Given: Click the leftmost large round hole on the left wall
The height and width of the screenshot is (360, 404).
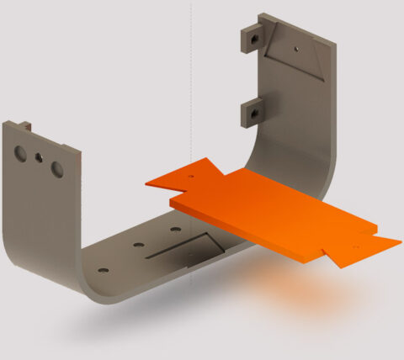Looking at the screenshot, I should tap(20, 153).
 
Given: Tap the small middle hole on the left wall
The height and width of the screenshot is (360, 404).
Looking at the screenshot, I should tap(38, 157).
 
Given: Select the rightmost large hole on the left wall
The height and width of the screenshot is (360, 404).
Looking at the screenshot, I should tap(56, 168).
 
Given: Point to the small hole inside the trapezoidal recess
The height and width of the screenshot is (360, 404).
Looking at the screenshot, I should tap(296, 50).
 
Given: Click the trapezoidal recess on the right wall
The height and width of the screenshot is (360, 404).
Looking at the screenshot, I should tap(294, 55).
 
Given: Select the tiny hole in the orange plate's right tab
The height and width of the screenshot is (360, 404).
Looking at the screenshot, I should tap(354, 246).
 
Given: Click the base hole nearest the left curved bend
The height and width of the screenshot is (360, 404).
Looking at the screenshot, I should tap(103, 271).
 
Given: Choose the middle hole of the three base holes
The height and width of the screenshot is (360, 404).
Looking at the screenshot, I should tap(136, 246).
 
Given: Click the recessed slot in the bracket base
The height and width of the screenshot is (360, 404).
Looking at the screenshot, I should tap(185, 248).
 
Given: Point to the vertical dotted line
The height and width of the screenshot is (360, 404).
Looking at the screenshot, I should tap(192, 84).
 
